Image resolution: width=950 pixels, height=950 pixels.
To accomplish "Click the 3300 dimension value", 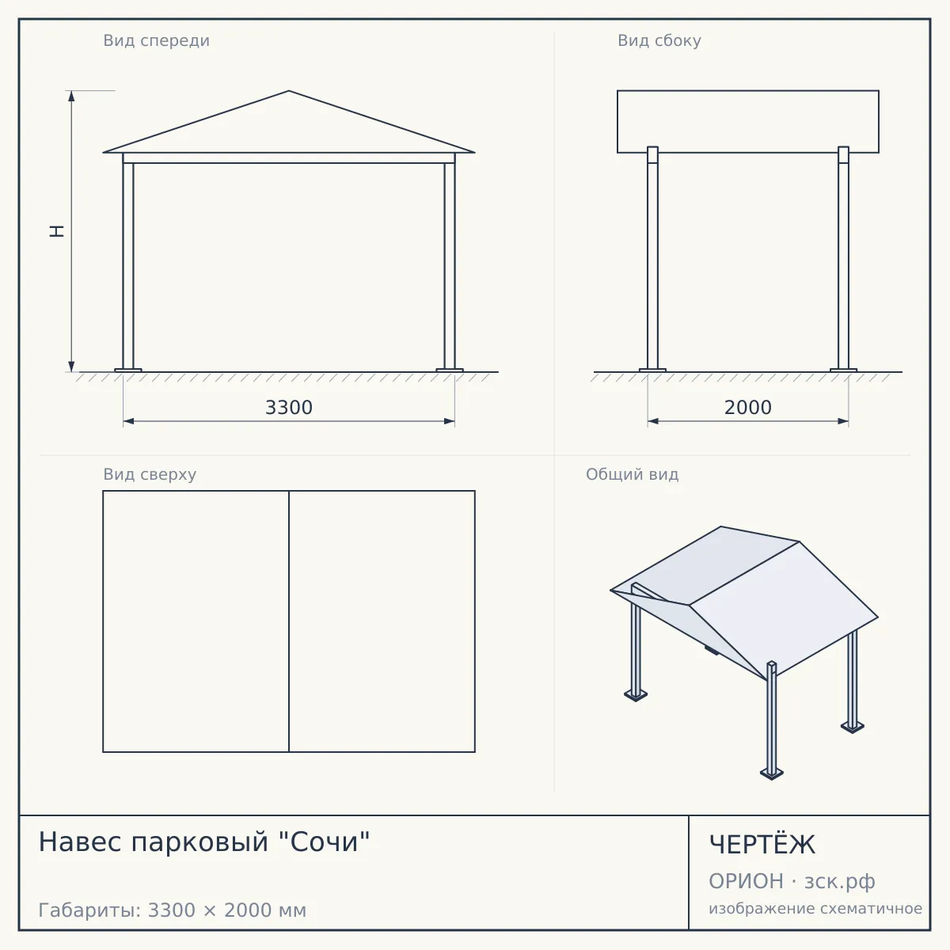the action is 289,408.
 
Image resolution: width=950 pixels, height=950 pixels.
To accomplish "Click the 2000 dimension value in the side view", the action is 748,408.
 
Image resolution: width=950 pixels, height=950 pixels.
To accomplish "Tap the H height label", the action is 57,231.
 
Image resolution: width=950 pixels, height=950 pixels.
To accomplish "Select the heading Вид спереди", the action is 156,41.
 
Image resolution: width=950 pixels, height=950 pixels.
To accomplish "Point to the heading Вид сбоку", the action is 659,41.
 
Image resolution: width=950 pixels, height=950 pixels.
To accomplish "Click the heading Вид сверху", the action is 150,475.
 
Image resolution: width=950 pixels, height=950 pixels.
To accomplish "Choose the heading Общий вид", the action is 632,475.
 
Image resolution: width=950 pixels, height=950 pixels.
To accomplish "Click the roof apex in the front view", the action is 289,91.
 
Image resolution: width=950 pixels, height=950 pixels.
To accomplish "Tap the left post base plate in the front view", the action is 128,370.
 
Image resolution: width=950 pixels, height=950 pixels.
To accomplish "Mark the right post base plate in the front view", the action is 450,370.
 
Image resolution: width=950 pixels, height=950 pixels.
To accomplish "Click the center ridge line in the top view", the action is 289,621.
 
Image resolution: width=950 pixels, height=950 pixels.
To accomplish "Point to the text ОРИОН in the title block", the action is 746,881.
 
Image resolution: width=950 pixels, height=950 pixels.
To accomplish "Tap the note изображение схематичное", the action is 815,909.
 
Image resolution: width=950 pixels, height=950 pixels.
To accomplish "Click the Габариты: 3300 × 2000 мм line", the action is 172,910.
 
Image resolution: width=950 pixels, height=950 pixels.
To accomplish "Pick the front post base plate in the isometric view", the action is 772,773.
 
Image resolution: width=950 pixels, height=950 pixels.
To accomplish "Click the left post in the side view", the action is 652,258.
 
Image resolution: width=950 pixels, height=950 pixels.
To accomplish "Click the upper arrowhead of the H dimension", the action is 71,95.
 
